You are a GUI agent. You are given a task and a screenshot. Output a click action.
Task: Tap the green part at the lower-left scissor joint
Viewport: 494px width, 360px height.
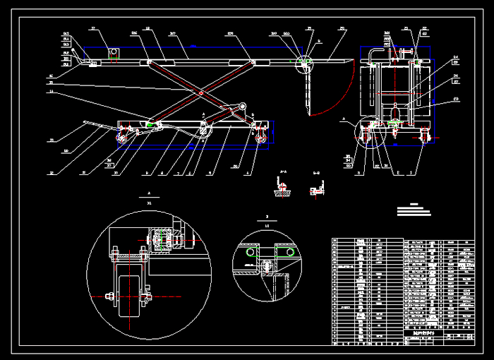coord(151,124)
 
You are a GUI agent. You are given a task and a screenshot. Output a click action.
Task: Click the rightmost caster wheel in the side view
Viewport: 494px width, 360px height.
coord(263,139)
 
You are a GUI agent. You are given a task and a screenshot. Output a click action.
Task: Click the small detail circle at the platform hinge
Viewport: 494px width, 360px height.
coord(305,62)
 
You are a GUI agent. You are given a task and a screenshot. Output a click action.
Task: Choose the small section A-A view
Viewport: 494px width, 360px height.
coord(284,188)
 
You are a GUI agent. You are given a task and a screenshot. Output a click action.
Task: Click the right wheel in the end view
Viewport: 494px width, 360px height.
coord(425,135)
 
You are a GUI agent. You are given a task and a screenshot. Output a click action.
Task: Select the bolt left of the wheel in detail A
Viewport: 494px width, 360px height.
coord(109,296)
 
